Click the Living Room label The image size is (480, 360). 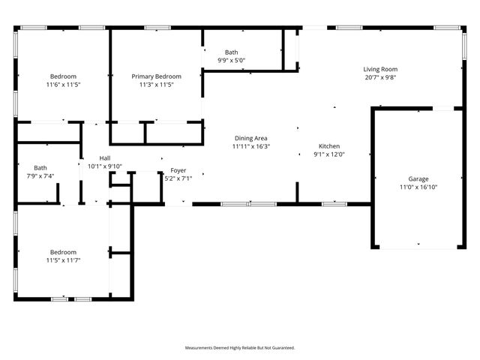[x=380, y=69]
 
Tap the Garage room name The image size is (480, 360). [x=418, y=178]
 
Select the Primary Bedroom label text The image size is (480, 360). [x=157, y=76]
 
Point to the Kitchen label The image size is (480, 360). [x=329, y=146]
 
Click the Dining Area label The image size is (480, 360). [x=251, y=138]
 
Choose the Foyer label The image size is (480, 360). [x=178, y=170]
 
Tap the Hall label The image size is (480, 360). [x=105, y=158]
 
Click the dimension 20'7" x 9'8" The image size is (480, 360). [x=380, y=77]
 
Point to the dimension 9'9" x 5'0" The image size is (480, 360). [x=231, y=60]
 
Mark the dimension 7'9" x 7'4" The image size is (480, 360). [x=40, y=176]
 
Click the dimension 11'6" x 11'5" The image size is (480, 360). [x=64, y=85]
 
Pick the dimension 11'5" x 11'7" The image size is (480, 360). [x=64, y=260]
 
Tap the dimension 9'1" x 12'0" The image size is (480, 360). [x=329, y=154]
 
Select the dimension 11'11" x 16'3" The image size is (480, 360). [x=251, y=146]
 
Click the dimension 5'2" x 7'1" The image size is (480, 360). [x=178, y=178]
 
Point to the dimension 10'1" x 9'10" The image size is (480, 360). [x=105, y=166]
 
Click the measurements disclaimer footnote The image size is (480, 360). [x=240, y=348]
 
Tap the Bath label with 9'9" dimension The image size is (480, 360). [x=231, y=52]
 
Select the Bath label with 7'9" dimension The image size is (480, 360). [x=40, y=168]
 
